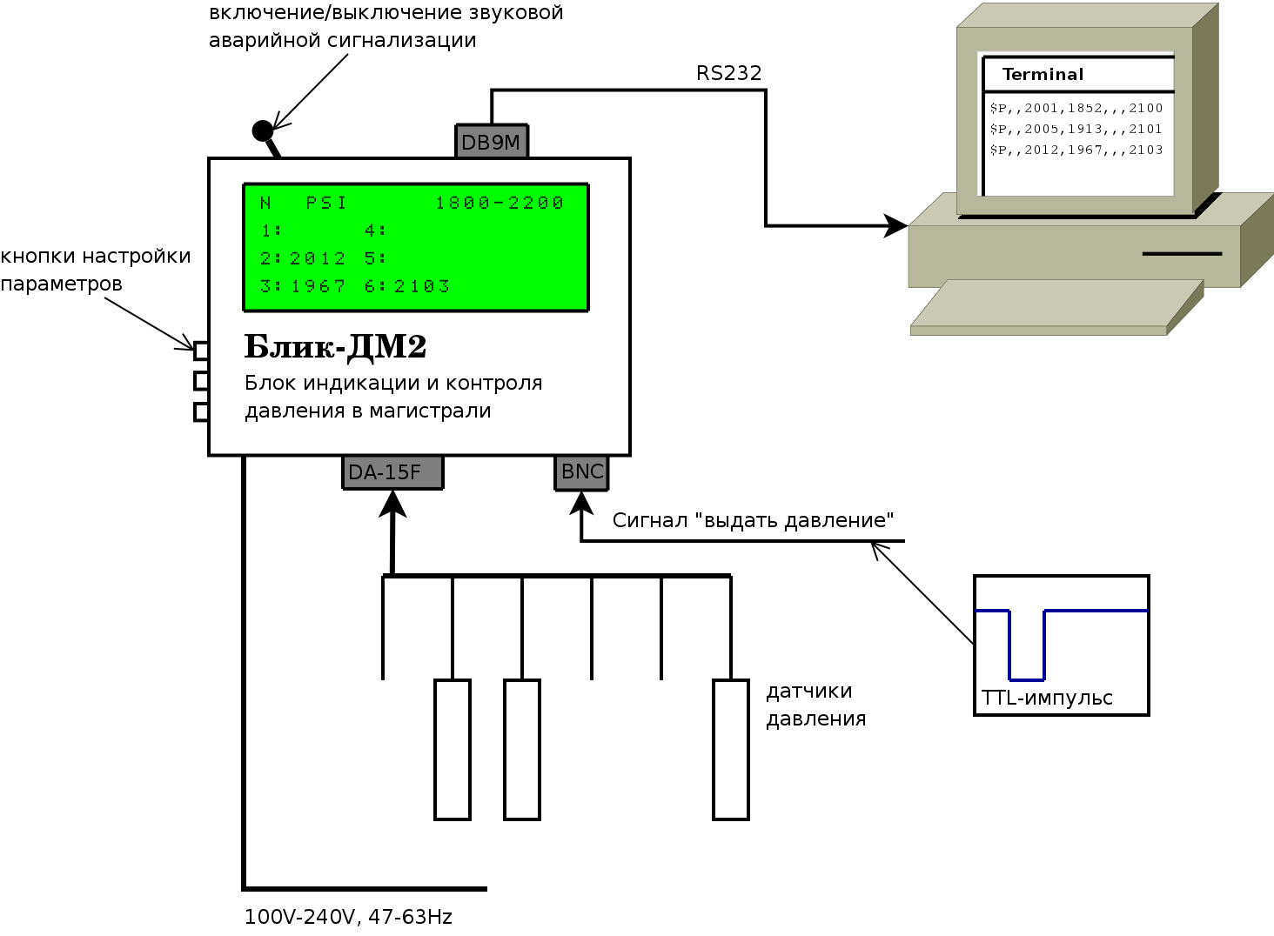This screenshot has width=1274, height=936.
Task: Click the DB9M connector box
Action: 492,142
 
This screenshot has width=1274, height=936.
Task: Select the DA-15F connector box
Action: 392,472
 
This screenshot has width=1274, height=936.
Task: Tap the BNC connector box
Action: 581,472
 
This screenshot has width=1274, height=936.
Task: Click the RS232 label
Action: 729,74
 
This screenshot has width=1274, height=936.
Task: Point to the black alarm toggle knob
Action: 263,131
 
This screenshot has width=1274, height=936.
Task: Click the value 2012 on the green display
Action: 318,258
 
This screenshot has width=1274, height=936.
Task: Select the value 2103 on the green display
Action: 422,286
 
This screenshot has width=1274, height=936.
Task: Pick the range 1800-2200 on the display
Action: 500,203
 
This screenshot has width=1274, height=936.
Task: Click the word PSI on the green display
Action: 326,203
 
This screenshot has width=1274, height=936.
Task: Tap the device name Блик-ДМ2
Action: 335,347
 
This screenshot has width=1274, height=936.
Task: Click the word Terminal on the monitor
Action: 1043,75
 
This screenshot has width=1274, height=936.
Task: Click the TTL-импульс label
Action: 1047,699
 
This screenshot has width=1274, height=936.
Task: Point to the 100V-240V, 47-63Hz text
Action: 348,917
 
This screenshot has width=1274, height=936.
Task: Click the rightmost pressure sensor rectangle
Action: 731,750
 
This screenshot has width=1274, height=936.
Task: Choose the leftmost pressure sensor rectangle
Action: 453,750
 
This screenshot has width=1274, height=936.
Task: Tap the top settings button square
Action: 201,351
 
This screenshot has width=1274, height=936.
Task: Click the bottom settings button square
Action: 201,411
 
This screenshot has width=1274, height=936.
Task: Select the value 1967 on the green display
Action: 318,286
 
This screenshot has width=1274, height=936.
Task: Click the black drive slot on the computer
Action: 1182,254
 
